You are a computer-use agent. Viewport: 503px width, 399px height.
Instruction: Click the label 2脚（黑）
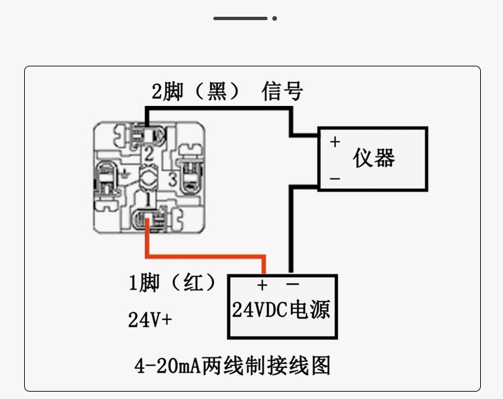click(x=195, y=92)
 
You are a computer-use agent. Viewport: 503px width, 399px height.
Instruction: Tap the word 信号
click(x=282, y=91)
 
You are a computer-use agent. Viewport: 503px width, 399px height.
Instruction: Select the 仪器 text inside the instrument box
click(x=374, y=158)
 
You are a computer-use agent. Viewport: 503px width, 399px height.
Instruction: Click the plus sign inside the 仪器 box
click(x=335, y=142)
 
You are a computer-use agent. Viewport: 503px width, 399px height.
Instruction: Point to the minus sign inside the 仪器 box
click(x=335, y=178)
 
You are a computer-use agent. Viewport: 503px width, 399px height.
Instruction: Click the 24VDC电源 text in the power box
click(x=281, y=310)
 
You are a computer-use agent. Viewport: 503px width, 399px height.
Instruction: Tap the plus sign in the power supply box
click(x=262, y=285)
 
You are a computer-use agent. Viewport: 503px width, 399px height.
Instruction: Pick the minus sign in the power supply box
click(x=292, y=284)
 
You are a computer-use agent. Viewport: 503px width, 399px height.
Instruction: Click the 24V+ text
click(x=150, y=321)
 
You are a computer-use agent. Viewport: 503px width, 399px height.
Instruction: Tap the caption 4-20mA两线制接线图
click(x=233, y=366)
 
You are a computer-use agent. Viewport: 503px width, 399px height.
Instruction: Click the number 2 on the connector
click(x=149, y=154)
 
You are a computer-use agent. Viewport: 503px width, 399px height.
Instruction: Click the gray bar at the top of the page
click(x=241, y=18)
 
